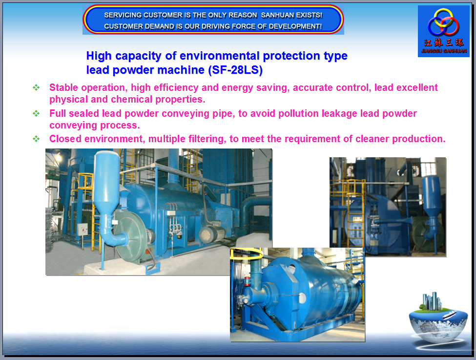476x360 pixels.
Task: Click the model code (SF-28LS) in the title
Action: coord(235,70)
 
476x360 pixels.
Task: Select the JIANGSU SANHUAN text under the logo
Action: coord(444,51)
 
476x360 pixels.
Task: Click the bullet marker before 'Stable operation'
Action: coord(36,87)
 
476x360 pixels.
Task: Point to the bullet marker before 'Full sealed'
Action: coord(36,113)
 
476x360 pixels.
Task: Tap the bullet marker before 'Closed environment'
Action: coord(36,139)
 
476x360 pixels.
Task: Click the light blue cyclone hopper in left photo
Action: coord(106,183)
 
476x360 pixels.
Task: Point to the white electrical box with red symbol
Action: coord(83,230)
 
